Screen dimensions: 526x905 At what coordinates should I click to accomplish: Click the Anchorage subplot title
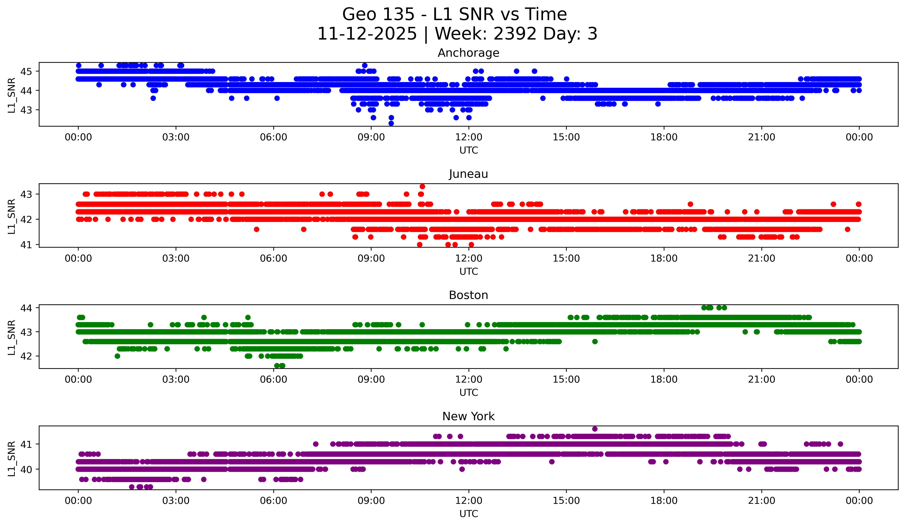point(468,53)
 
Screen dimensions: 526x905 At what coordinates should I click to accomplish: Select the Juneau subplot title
point(468,174)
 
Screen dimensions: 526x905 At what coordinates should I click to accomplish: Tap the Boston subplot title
point(468,295)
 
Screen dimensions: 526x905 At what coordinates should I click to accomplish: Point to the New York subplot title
point(468,416)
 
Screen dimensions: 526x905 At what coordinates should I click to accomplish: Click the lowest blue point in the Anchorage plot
point(391,123)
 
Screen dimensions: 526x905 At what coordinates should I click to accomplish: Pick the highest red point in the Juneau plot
point(422,186)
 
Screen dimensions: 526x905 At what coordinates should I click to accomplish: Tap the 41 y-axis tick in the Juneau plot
point(26,245)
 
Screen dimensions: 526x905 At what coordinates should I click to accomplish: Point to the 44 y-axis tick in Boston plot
point(26,308)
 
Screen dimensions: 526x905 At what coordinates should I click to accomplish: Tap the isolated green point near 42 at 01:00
point(117,356)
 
